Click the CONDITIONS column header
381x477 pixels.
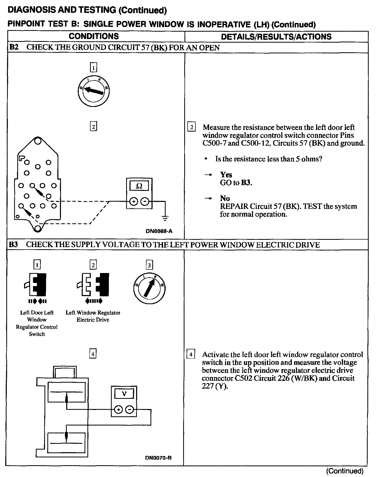(94, 36)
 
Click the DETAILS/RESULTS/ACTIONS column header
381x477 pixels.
(276, 37)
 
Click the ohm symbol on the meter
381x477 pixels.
(139, 186)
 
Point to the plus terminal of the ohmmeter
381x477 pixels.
(134, 201)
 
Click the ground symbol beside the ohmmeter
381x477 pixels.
(165, 218)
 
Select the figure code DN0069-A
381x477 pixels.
(159, 231)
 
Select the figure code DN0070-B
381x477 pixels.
(159, 458)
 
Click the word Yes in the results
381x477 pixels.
(226, 174)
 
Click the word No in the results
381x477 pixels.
(225, 198)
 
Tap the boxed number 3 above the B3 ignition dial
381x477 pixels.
(149, 265)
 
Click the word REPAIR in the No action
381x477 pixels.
(234, 206)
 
